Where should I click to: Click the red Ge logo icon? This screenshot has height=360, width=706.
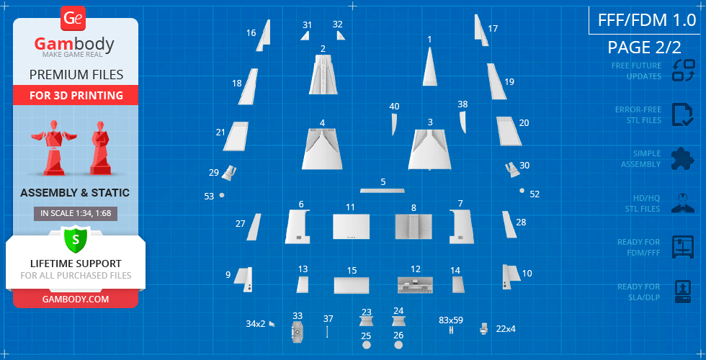pyautogui.click(x=73, y=19)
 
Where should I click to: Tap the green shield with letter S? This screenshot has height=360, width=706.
pyautogui.click(x=76, y=240)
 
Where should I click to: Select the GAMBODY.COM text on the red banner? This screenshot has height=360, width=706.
pyautogui.click(x=76, y=299)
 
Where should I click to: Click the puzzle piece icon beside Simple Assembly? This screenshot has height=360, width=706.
pyautogui.click(x=683, y=159)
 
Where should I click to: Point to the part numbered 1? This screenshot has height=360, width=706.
pyautogui.click(x=429, y=67)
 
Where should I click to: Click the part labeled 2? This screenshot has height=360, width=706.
pyautogui.click(x=323, y=74)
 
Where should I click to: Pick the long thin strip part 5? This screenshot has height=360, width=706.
pyautogui.click(x=383, y=190)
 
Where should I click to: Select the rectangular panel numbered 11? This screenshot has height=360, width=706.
pyautogui.click(x=352, y=226)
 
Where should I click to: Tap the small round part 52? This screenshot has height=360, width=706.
pyautogui.click(x=522, y=190)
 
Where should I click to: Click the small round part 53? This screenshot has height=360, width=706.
pyautogui.click(x=222, y=195)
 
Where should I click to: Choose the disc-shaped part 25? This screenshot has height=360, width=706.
pyautogui.click(x=367, y=345)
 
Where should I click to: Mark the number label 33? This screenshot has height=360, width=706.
pyautogui.click(x=298, y=316)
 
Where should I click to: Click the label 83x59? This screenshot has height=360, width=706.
pyautogui.click(x=451, y=320)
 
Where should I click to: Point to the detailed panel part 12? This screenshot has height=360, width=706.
pyautogui.click(x=415, y=285)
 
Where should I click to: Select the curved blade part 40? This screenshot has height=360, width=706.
pyautogui.click(x=394, y=124)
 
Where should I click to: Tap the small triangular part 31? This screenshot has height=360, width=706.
pyautogui.click(x=306, y=35)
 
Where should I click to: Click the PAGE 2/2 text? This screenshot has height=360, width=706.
pyautogui.click(x=644, y=48)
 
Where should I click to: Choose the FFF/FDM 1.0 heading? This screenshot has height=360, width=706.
pyautogui.click(x=647, y=20)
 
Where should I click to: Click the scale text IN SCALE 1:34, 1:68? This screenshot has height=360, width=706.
pyautogui.click(x=76, y=214)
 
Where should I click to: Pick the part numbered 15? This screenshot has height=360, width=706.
pyautogui.click(x=352, y=285)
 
